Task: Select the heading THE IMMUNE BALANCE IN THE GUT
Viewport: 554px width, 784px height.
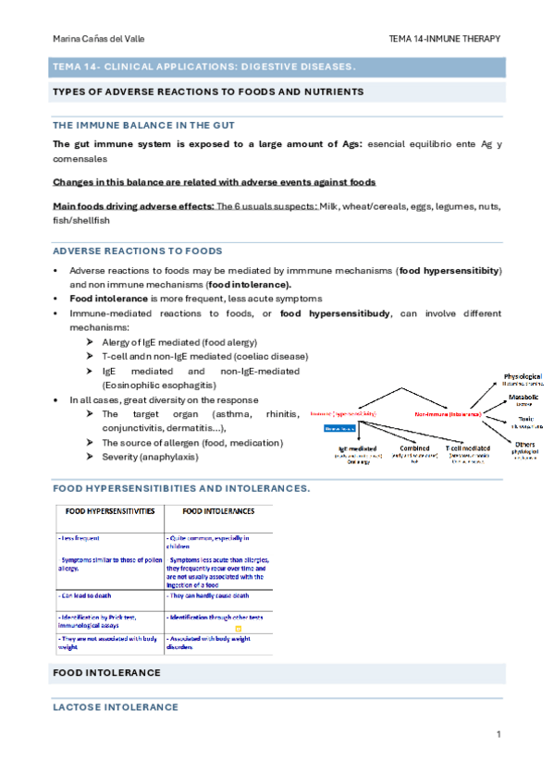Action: pos(143,125)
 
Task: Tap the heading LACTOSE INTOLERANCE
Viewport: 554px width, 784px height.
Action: pos(116,707)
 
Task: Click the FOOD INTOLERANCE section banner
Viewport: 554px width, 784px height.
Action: pos(106,672)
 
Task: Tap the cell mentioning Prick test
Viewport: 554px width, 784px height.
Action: pos(102,620)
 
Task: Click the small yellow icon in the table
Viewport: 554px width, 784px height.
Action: pos(238,629)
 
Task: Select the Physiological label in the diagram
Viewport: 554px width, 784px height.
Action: pos(523,377)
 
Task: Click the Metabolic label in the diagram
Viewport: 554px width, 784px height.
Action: pos(523,398)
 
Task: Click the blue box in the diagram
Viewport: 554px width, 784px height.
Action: pos(339,429)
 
